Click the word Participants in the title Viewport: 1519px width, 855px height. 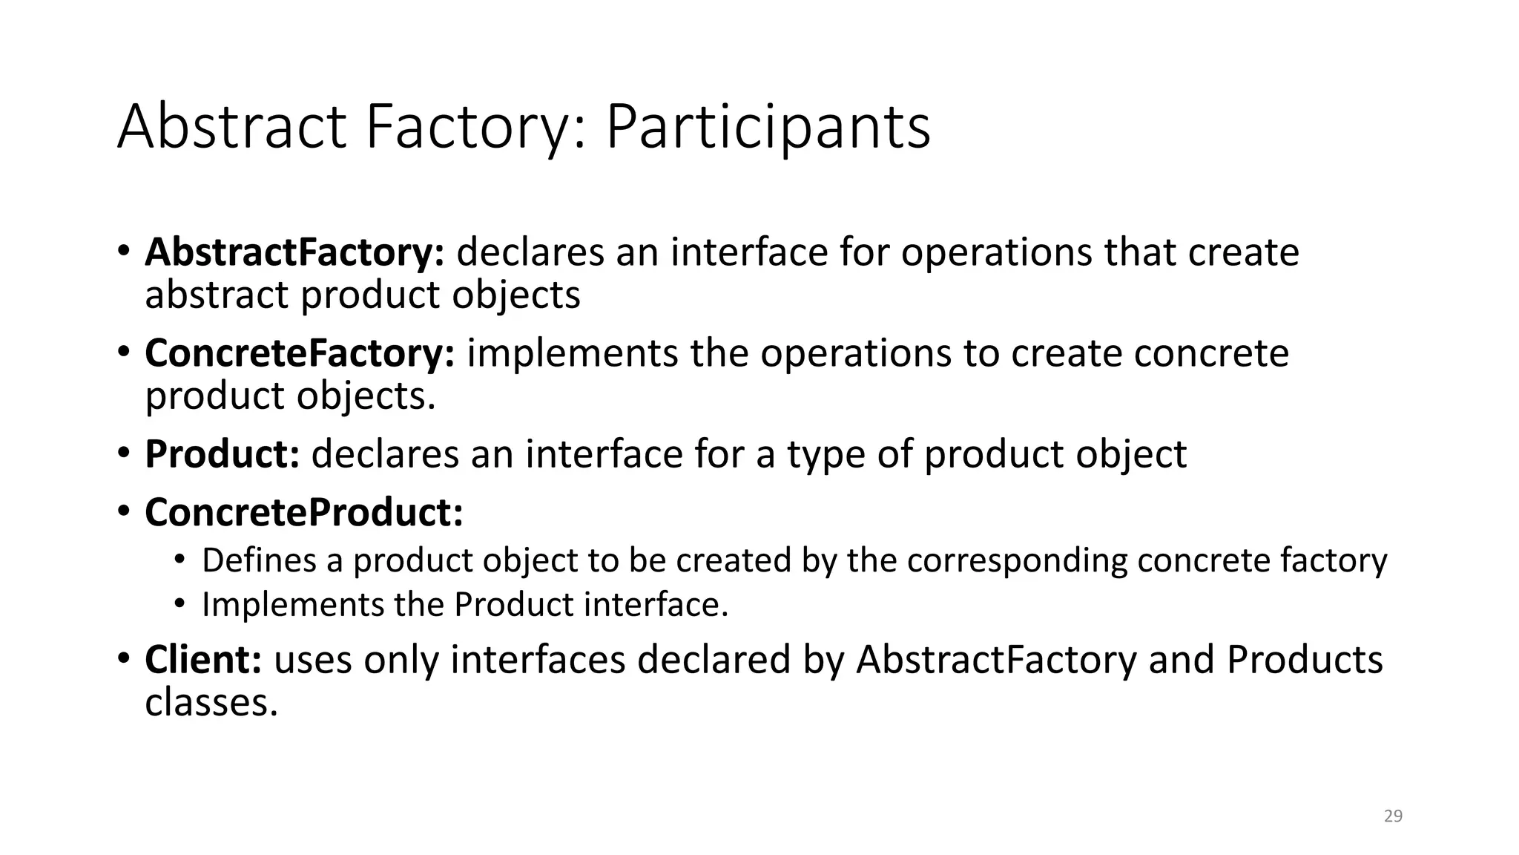point(768,128)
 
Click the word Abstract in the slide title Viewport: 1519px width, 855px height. point(231,128)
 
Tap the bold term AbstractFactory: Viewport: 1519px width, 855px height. point(294,252)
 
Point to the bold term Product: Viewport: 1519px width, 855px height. point(222,454)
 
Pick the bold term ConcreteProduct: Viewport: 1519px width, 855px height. point(304,512)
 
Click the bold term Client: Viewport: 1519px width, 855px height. point(203,660)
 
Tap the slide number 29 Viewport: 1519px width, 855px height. point(1393,816)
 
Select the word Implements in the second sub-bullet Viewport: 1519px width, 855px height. point(292,605)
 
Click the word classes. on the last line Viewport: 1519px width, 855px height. point(211,701)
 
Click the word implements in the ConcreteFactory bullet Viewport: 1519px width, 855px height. point(572,353)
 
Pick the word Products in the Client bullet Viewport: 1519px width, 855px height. point(1304,660)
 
